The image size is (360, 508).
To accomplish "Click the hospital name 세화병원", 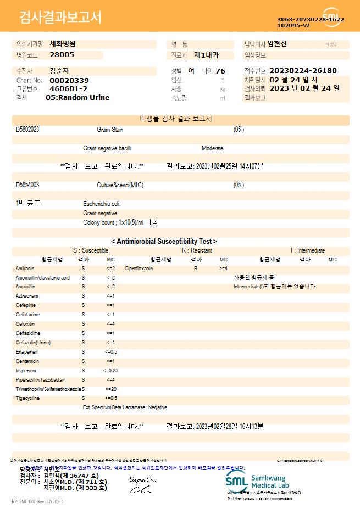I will pos(63,43).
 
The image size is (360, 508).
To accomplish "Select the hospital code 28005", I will pos(62,55).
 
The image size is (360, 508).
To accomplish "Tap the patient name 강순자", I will pos(60,71).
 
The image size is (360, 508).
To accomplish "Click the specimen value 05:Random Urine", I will pos(77,98).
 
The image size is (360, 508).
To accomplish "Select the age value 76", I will pos(220,71).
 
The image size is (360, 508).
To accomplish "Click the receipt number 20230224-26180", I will pos(303,71).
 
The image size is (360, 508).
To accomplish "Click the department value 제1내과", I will pos(207,55).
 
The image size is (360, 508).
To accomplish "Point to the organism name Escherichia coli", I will pos(102,204).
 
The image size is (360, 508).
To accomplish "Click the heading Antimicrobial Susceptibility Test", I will pos(164,241).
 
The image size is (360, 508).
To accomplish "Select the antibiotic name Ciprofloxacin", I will pos(139,269).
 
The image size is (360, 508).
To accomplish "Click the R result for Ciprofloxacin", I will pos(196,269).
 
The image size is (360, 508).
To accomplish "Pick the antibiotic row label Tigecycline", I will pos(27,398).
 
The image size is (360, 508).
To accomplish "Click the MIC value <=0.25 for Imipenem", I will pos(110,371).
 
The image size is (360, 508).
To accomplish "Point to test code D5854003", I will pos(27,185).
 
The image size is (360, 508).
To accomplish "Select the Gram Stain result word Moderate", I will pos(212,148).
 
